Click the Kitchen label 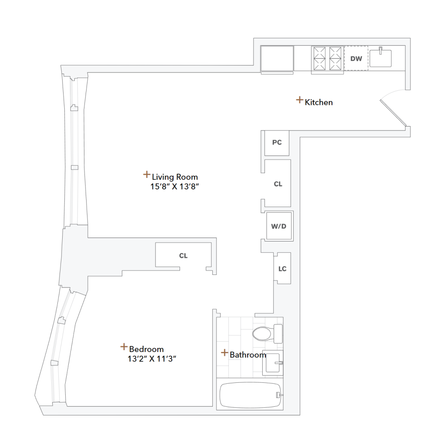point(319,103)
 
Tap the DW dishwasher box point(356,58)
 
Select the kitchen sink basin point(381,58)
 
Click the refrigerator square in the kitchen point(277,59)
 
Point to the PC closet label point(277,143)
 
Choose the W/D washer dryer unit point(279,226)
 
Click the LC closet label point(282,269)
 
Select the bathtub point(250,395)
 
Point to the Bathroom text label point(248,355)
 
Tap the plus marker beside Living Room point(147,175)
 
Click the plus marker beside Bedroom point(124,347)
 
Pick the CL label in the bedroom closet point(183,256)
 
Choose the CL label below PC point(278,184)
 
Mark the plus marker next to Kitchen point(299,100)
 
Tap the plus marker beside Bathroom point(224,352)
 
